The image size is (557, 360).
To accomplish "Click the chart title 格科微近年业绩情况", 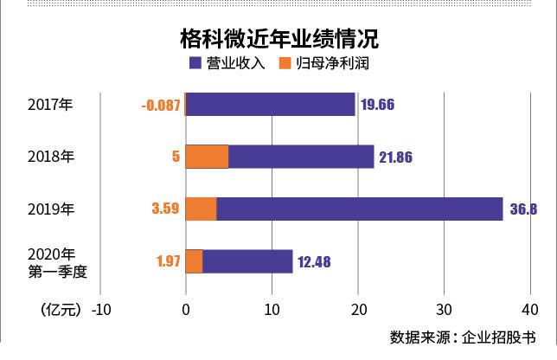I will point(278,39).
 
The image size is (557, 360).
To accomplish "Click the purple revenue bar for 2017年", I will point(271,105).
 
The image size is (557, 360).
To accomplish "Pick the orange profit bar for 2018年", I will point(208,157).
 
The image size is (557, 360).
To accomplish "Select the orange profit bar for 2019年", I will point(202,209).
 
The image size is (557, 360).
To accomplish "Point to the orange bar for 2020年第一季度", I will point(195,261).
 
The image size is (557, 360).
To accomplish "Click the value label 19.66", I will point(379,106).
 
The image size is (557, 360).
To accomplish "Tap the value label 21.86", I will point(398,157).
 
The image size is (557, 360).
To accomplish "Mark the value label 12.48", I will point(316,261).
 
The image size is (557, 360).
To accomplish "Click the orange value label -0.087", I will point(160,106).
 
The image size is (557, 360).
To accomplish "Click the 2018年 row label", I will point(51,157).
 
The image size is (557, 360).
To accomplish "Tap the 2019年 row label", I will point(51,209).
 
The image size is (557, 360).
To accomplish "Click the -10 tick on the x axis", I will point(101,309).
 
